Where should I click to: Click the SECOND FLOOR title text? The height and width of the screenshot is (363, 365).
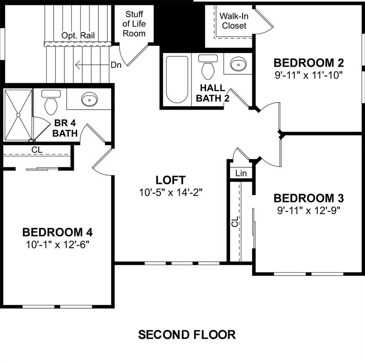186,335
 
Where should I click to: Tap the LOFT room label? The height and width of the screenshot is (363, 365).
170,180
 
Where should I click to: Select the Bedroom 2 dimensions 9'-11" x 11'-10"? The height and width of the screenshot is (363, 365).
309,74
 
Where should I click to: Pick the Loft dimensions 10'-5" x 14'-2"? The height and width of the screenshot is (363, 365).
170,192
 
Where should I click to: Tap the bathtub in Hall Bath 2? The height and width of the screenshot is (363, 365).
177,80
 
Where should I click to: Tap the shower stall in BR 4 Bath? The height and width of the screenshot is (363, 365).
18,114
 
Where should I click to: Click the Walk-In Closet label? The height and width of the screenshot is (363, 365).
234,21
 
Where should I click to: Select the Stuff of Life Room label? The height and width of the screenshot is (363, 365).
134,24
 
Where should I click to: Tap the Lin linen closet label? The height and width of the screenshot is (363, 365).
241,173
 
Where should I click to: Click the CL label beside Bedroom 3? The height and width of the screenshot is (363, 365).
235,221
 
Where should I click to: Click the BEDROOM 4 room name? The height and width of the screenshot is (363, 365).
58,232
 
